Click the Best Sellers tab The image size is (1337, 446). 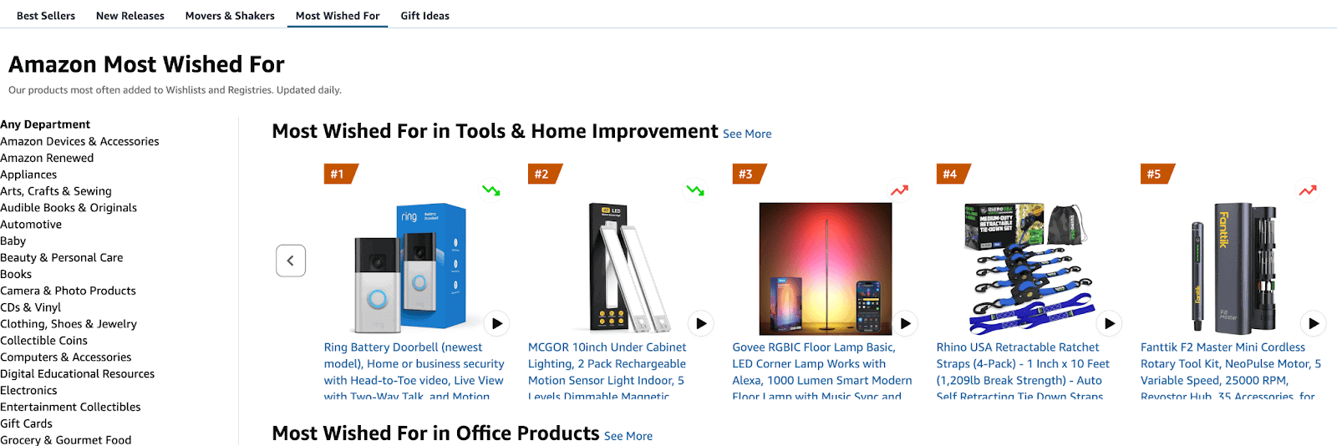coord(46,16)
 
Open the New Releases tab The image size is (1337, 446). coord(130,16)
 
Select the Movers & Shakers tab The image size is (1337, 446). coord(230,16)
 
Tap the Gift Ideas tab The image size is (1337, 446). coord(424,16)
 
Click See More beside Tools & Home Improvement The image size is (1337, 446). coord(747,134)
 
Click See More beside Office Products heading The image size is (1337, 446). coord(628,436)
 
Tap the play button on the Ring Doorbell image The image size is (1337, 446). coord(497,323)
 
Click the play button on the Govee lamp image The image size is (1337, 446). coord(905,323)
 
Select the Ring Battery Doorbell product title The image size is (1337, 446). coord(414,364)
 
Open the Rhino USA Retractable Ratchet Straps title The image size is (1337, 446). coord(1023,364)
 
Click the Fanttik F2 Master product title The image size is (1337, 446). coord(1230,364)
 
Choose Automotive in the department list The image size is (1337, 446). coord(31,225)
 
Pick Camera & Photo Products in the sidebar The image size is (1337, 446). coord(68,291)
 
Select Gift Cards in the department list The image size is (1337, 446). coord(26,423)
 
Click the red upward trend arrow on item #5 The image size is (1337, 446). coord(1308,190)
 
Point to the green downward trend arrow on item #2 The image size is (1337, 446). coord(695,190)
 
